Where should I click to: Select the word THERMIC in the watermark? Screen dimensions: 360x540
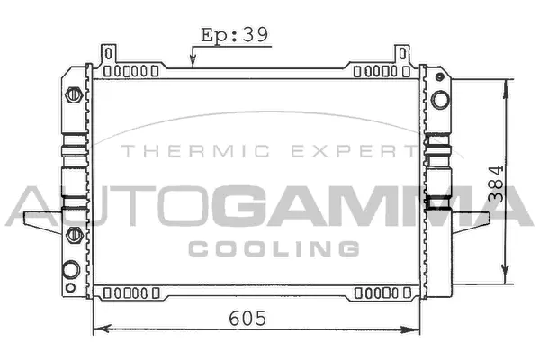coord(175,153)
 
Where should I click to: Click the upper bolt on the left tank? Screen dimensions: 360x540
coord(74,94)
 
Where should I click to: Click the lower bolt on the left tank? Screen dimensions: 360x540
coord(74,235)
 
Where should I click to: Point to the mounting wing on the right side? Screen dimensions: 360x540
coord(470,219)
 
